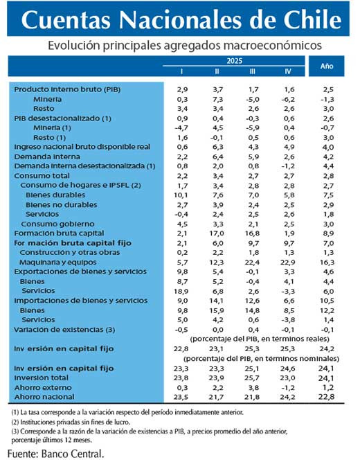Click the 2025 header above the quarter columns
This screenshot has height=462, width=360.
(235, 61)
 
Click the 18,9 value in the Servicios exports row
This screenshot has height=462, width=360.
(182, 292)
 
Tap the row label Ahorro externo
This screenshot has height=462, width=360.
(41, 387)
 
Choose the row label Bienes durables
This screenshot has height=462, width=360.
(55, 196)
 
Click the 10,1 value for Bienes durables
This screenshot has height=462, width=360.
(182, 196)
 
